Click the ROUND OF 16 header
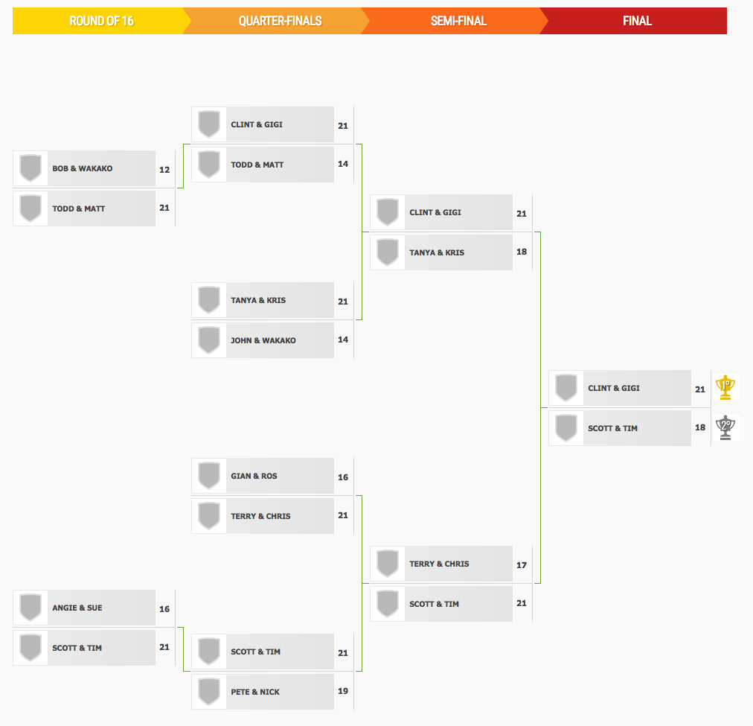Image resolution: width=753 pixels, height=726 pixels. (x=101, y=21)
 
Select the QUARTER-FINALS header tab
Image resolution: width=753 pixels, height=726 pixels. (x=280, y=21)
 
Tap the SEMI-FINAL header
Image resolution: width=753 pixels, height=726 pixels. (x=458, y=21)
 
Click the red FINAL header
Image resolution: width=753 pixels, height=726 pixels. (x=637, y=21)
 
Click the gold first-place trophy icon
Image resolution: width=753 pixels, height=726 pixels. (x=725, y=387)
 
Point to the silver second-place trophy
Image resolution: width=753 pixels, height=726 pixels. (x=725, y=427)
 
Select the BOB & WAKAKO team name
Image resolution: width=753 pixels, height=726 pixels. (x=82, y=168)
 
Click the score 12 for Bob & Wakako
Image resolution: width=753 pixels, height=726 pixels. (x=164, y=170)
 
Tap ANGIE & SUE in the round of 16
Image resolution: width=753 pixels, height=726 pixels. (x=77, y=608)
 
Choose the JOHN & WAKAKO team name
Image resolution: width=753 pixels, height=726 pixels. (x=263, y=340)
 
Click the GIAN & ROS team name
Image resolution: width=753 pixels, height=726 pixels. (x=254, y=476)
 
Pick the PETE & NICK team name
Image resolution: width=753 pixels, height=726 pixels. (x=255, y=692)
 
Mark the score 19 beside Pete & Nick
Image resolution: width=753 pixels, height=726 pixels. (x=343, y=691)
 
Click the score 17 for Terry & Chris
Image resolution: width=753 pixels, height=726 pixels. (x=522, y=565)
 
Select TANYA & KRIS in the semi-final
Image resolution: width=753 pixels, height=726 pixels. (x=437, y=252)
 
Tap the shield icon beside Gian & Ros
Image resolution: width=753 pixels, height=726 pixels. (x=209, y=476)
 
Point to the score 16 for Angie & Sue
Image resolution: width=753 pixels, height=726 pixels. (x=164, y=609)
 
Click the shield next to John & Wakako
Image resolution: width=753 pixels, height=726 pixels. (x=209, y=340)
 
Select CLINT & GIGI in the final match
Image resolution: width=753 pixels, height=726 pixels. (x=614, y=388)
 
